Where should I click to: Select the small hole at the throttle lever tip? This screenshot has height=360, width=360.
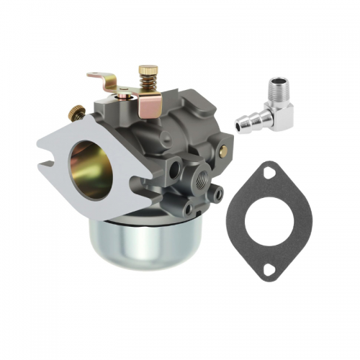pyautogui.click(x=93, y=75)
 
